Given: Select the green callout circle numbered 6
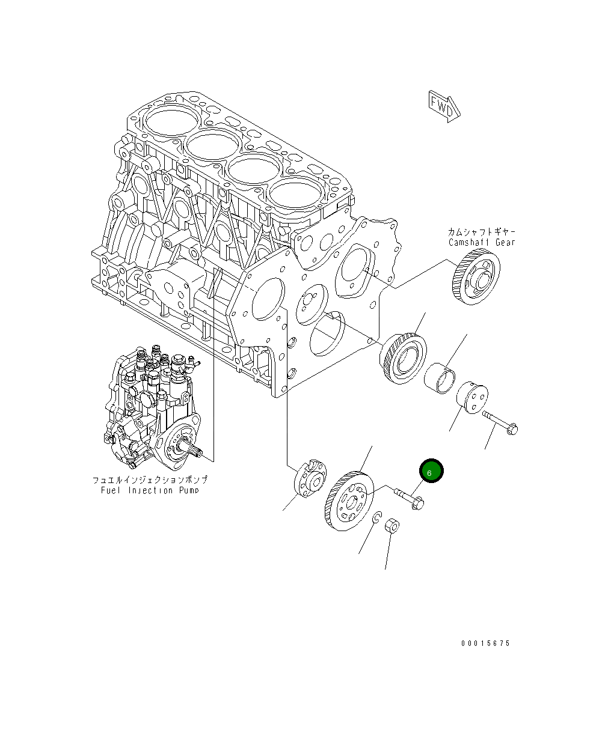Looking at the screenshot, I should (430, 472).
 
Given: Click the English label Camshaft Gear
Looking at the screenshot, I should (481, 243).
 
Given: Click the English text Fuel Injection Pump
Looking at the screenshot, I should (150, 490).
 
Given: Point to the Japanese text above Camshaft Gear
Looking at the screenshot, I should (481, 232).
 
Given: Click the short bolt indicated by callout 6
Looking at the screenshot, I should (409, 499).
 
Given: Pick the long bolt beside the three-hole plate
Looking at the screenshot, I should (499, 422).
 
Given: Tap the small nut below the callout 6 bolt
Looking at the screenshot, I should (392, 526).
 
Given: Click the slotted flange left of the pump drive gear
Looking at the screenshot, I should (310, 478).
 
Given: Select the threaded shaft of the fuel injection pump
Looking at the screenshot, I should (194, 448).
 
